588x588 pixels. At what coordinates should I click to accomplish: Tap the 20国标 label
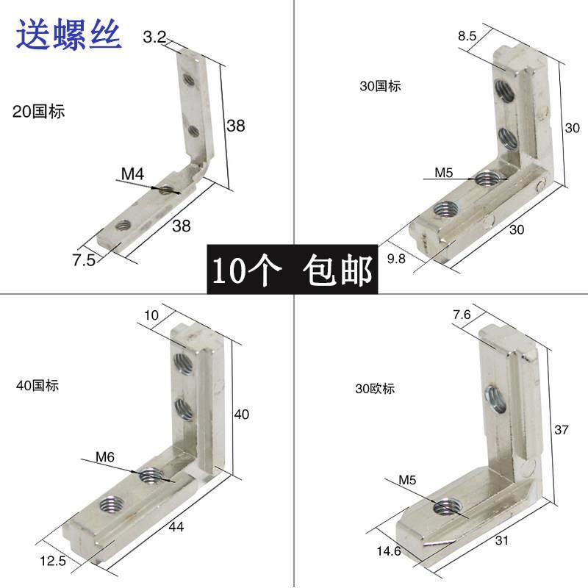tap(39, 112)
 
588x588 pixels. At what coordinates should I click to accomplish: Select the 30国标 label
tap(380, 86)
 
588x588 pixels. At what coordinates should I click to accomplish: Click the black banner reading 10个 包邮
tap(293, 270)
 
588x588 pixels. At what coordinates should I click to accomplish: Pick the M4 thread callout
tap(132, 174)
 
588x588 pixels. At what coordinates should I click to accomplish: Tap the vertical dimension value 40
tap(240, 415)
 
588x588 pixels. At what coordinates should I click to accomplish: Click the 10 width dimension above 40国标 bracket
tap(151, 315)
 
